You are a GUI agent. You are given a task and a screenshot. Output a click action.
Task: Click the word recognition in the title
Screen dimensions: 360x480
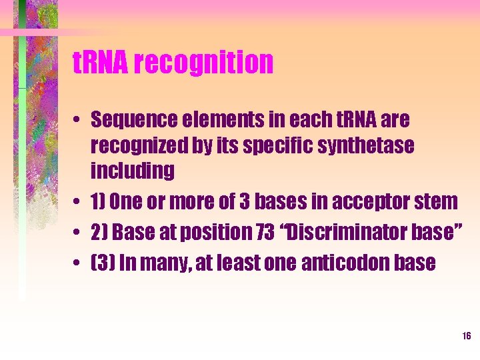pos(203,63)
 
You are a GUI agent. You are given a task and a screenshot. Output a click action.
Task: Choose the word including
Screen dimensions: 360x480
pos(133,171)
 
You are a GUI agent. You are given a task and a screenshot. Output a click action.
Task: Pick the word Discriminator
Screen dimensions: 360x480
pos(351,232)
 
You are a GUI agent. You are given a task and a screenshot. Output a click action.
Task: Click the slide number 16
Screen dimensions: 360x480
pos(466,335)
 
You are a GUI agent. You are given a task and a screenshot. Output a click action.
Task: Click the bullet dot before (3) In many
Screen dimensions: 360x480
pos(78,263)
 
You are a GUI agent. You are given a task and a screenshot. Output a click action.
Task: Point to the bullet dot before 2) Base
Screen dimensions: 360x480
pos(78,233)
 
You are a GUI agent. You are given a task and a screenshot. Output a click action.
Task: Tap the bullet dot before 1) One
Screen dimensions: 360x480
pos(78,201)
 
